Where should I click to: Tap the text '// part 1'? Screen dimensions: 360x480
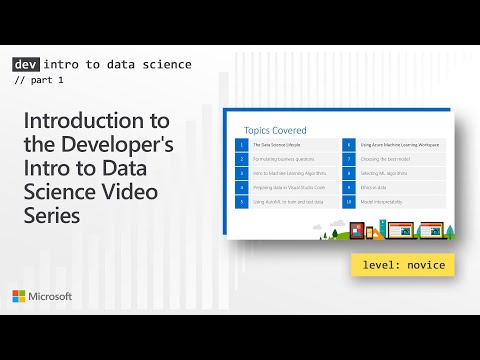tap(43, 81)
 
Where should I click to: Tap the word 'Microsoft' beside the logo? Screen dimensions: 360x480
tap(50, 297)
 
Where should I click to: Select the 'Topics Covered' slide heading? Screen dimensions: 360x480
tap(275, 130)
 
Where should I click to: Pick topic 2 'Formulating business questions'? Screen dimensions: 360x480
tap(285, 159)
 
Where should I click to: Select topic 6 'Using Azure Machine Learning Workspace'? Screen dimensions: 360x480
tap(396, 145)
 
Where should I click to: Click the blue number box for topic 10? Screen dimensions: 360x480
tap(349, 201)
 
